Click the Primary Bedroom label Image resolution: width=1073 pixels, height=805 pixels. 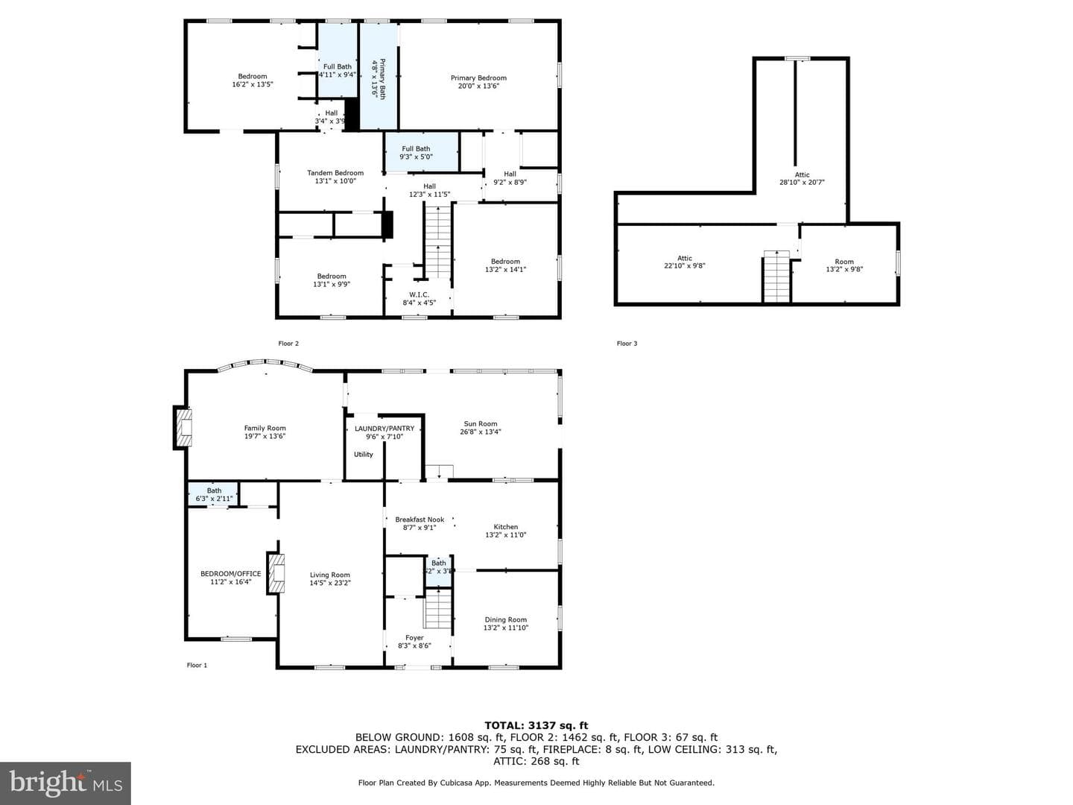tap(478, 78)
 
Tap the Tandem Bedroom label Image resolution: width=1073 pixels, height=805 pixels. tap(335, 172)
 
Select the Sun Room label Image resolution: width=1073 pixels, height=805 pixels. tap(481, 424)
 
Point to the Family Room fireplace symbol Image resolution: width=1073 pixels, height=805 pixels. tap(183, 427)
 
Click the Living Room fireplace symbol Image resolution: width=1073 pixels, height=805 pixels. tap(276, 572)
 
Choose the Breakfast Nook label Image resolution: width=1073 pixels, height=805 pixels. tap(420, 520)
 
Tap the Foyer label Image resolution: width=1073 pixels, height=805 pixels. tap(414, 637)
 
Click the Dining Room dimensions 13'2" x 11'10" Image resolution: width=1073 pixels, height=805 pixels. tap(506, 628)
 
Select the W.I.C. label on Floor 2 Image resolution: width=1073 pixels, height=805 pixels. tap(419, 294)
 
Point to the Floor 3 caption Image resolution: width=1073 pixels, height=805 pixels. tap(627, 344)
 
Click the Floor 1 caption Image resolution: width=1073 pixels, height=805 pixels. tap(197, 665)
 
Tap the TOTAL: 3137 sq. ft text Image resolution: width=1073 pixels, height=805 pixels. tap(536, 725)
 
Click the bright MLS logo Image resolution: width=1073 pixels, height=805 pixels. tap(66, 783)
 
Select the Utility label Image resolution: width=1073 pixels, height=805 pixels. tap(363, 454)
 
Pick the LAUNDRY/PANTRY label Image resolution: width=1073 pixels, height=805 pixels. tap(384, 428)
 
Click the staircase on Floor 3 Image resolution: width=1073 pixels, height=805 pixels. tap(776, 277)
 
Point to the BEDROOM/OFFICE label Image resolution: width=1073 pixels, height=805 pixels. tap(231, 573)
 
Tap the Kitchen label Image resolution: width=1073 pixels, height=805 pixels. tap(505, 526)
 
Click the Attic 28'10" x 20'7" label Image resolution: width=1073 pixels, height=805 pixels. tap(802, 178)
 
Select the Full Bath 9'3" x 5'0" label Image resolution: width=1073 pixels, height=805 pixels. tap(416, 153)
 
